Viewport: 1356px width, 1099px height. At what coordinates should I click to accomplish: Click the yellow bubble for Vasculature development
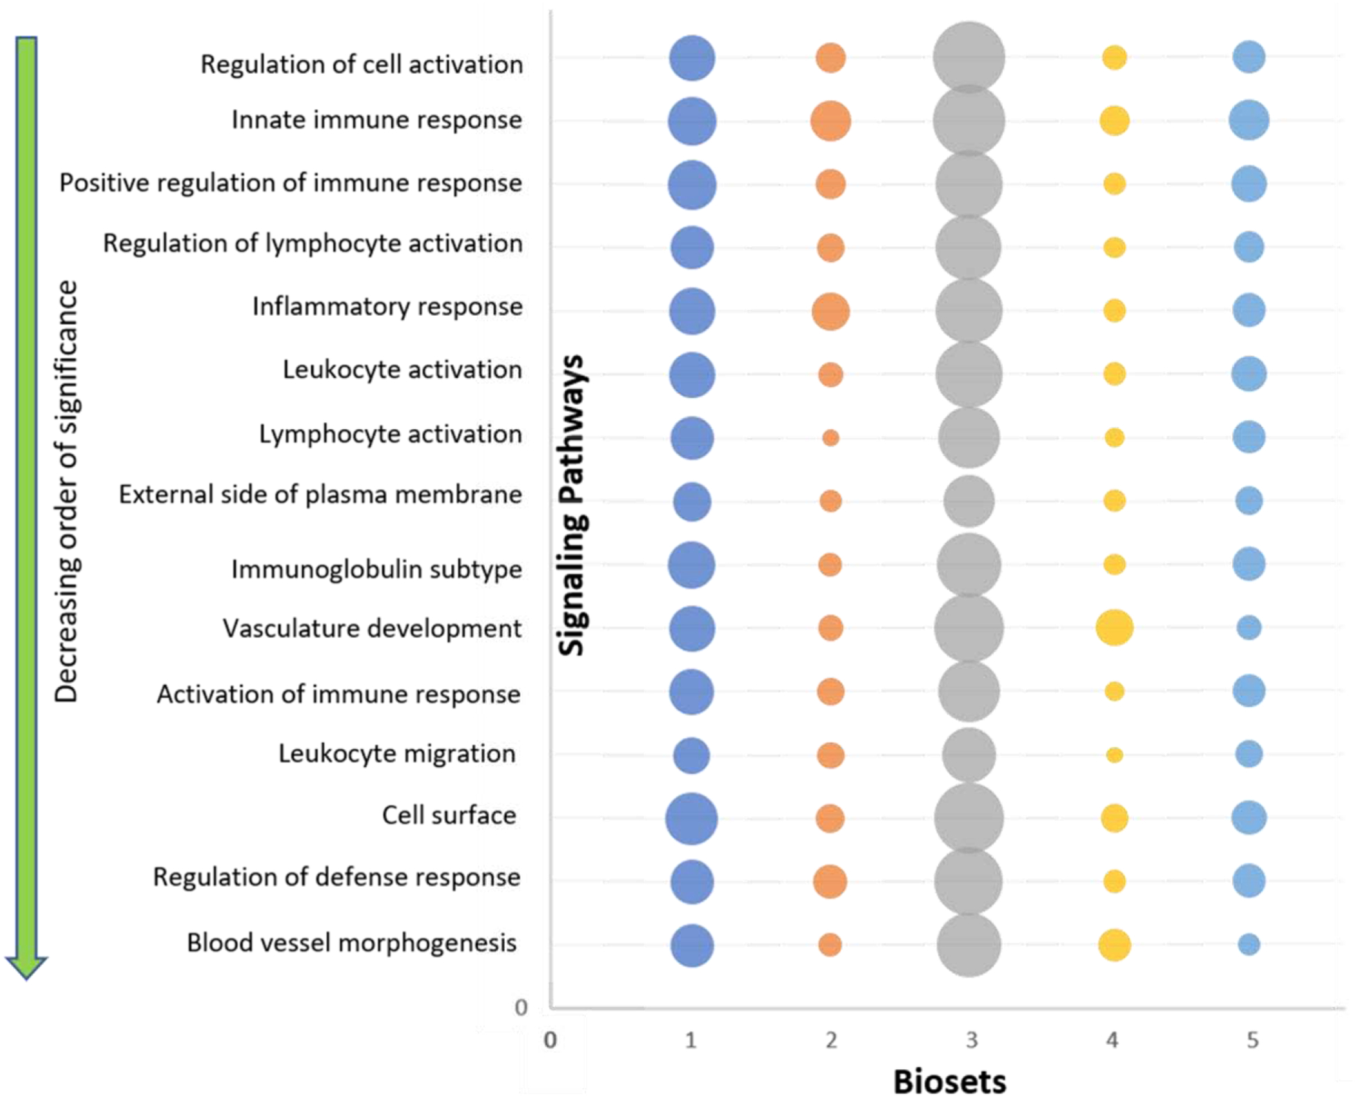click(x=1114, y=627)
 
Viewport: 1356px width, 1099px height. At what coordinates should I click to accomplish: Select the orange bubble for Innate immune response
click(x=830, y=121)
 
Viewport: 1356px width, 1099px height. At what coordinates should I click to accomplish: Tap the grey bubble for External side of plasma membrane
click(x=969, y=501)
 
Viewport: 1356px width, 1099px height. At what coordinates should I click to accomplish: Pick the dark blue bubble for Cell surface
click(x=691, y=819)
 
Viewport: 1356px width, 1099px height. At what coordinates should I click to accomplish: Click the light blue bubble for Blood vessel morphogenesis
click(x=1249, y=945)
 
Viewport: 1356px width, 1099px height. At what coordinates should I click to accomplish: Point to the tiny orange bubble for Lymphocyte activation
click(x=830, y=438)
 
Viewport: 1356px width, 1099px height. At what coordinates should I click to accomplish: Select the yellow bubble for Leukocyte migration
click(x=1114, y=755)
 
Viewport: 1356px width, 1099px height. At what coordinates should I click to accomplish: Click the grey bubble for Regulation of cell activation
click(x=969, y=57)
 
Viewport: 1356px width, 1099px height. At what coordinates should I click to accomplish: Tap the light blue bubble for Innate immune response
click(x=1249, y=120)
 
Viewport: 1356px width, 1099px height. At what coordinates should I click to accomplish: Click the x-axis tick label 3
click(x=971, y=1041)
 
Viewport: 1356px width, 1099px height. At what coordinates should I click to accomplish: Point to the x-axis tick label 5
click(x=1252, y=1041)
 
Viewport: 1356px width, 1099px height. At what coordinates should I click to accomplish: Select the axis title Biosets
click(x=949, y=1082)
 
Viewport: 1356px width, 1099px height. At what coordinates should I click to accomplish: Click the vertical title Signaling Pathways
click(x=573, y=505)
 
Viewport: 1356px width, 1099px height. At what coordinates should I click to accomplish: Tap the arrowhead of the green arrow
click(x=26, y=967)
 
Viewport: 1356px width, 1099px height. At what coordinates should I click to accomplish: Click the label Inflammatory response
click(x=387, y=307)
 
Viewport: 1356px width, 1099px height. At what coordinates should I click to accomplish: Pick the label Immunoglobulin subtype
click(x=376, y=570)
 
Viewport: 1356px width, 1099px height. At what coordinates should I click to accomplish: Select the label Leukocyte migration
click(x=396, y=754)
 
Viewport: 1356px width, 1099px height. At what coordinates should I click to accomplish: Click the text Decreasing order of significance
click(x=67, y=491)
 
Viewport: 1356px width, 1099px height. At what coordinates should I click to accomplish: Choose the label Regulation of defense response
click(x=337, y=878)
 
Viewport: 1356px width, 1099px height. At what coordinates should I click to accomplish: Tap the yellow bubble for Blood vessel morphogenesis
click(x=1114, y=945)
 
